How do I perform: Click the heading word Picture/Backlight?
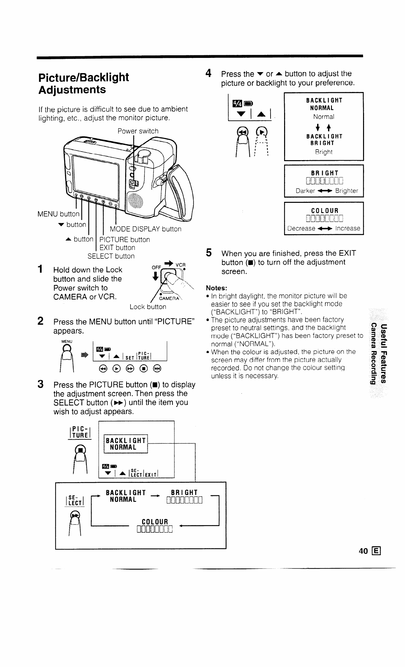[84, 77]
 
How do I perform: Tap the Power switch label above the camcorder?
[138, 131]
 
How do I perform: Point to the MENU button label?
[58, 214]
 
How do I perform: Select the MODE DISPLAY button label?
[146, 229]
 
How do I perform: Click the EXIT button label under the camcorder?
[117, 247]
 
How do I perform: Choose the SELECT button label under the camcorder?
[111, 256]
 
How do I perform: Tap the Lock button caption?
[148, 307]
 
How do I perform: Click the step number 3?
[40, 384]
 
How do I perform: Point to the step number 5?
[208, 253]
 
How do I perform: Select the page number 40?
[363, 551]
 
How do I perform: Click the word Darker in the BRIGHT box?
[305, 191]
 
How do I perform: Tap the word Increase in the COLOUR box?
[348, 228]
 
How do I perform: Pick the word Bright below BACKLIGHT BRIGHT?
[323, 152]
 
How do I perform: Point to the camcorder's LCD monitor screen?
[96, 172]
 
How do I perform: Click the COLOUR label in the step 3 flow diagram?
[155, 521]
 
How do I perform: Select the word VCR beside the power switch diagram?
[181, 265]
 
